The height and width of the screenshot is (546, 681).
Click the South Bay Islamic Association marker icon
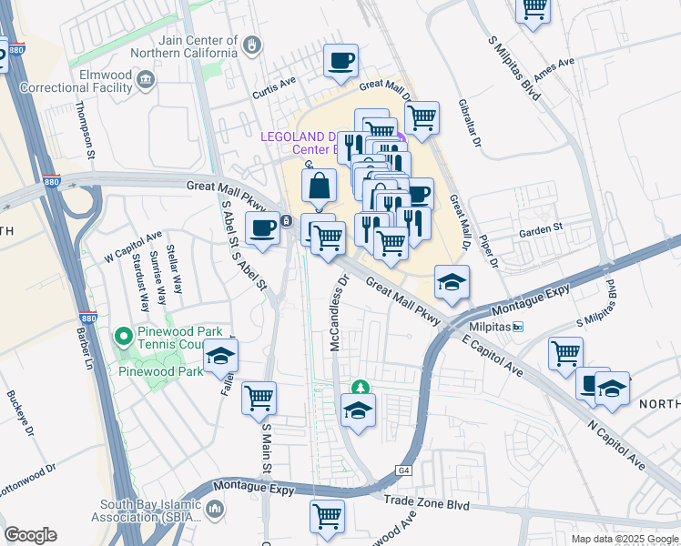217,509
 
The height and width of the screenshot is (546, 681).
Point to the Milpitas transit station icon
518,327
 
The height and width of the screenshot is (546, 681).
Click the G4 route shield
402,470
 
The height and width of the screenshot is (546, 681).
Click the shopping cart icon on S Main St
259,397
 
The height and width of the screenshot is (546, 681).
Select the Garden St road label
542,231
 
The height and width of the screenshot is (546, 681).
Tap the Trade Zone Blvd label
426,500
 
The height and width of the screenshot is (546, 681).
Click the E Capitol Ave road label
492,359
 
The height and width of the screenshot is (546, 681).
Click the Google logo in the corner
30,535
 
